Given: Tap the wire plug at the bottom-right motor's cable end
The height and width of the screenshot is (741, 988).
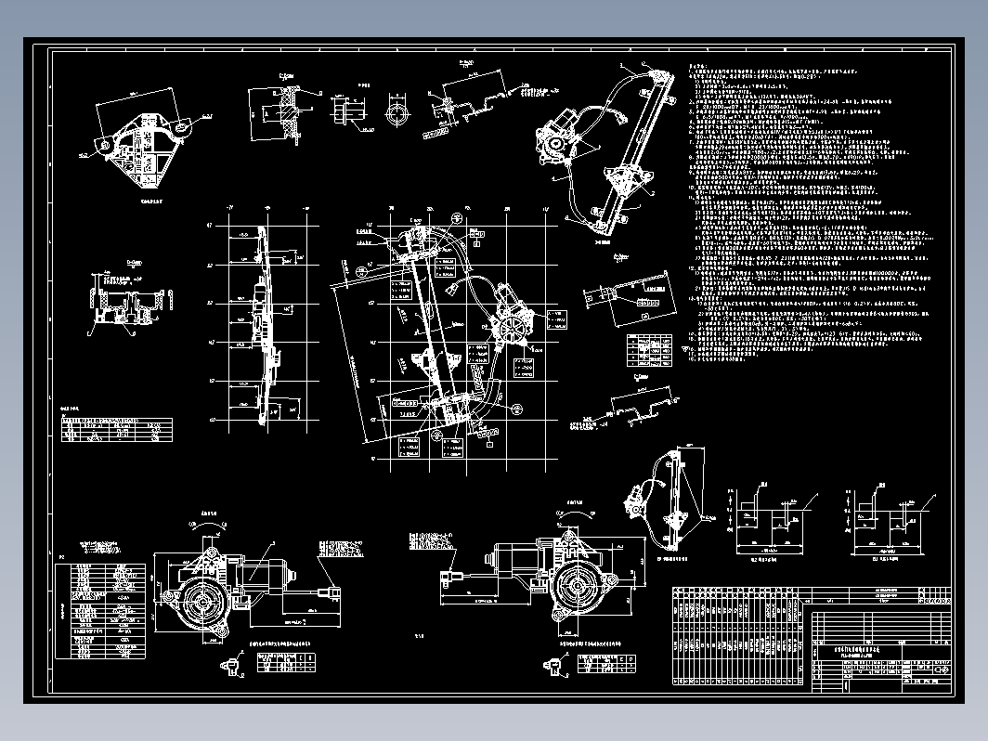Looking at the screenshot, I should (x=449, y=578).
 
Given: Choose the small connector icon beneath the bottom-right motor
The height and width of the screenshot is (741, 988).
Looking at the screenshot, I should (x=552, y=665).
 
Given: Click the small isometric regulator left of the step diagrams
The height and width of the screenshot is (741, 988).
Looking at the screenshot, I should (x=661, y=501).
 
